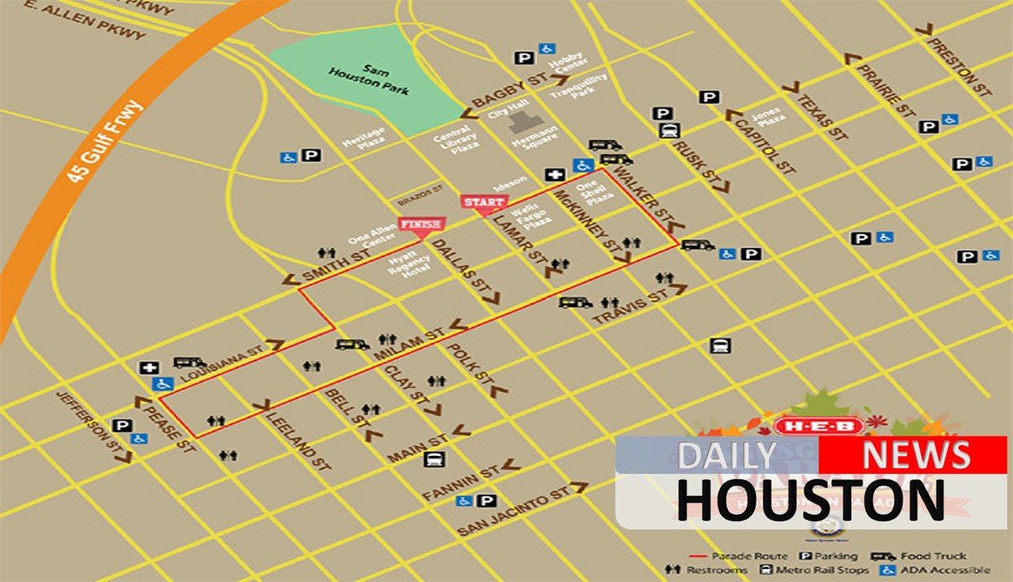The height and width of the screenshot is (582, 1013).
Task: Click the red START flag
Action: pyautogui.click(x=483, y=203)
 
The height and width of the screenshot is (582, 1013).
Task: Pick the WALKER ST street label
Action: pyautogui.click(x=643, y=194)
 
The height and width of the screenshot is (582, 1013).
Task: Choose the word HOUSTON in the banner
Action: pyautogui.click(x=810, y=499)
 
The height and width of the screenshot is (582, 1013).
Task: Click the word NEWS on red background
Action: pyautogui.click(x=916, y=455)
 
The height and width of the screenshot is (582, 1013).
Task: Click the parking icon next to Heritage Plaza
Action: pyautogui.click(x=311, y=157)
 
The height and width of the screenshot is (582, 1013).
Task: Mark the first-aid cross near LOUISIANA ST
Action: pyautogui.click(x=148, y=368)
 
